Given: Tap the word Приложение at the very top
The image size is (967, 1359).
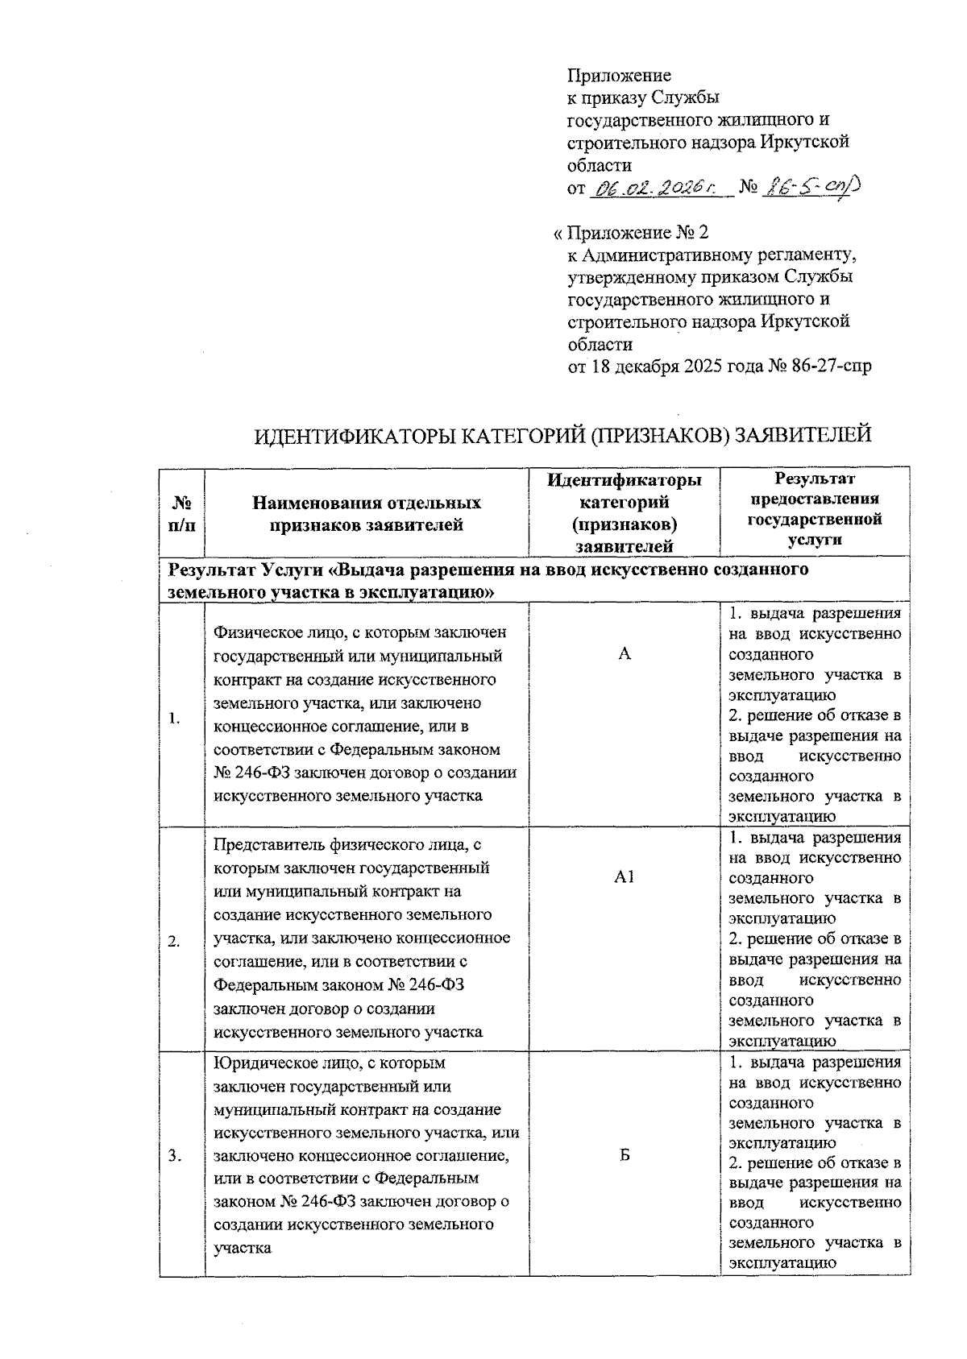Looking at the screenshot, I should [619, 76].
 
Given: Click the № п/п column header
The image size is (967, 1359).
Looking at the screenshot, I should [182, 514].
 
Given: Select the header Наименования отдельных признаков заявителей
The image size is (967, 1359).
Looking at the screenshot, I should [367, 514].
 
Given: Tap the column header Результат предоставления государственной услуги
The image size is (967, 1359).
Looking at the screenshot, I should [815, 511].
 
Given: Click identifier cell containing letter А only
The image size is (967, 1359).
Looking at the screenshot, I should [625, 655].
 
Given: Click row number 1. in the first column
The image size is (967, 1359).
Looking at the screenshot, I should [175, 719].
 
